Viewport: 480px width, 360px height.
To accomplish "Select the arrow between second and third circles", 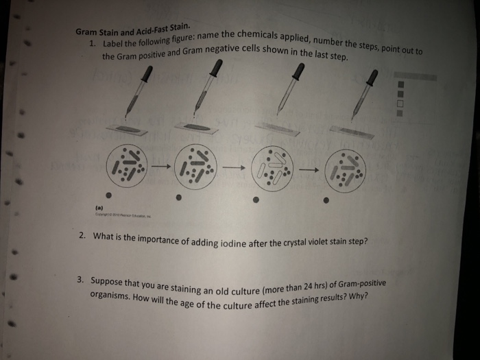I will coord(232,167).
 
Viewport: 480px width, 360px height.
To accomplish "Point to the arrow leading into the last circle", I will coord(309,169).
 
